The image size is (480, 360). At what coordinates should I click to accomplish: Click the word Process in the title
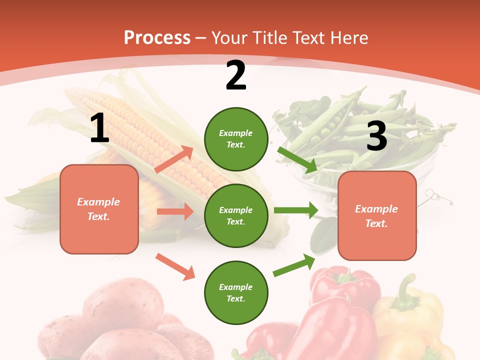157,37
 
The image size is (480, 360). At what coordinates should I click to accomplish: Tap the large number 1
99,128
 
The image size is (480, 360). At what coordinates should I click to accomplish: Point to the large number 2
236,75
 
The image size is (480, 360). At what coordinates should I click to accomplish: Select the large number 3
376,136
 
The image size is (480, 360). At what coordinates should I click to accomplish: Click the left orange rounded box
99,209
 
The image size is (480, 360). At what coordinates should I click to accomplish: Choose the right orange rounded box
377,216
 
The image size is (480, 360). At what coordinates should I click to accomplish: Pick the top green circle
235,139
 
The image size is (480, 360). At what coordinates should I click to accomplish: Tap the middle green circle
235,215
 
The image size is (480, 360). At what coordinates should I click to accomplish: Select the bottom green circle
235,292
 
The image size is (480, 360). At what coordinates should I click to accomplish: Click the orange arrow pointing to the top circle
174,159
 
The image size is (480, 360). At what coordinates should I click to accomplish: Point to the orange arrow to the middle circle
175,211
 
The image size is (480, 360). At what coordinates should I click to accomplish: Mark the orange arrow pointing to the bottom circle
175,266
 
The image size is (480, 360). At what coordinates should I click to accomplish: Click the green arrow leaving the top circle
297,159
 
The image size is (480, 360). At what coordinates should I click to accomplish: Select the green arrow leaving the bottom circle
294,265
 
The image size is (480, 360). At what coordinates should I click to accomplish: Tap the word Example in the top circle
235,133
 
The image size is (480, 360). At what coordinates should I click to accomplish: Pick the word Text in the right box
376,223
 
